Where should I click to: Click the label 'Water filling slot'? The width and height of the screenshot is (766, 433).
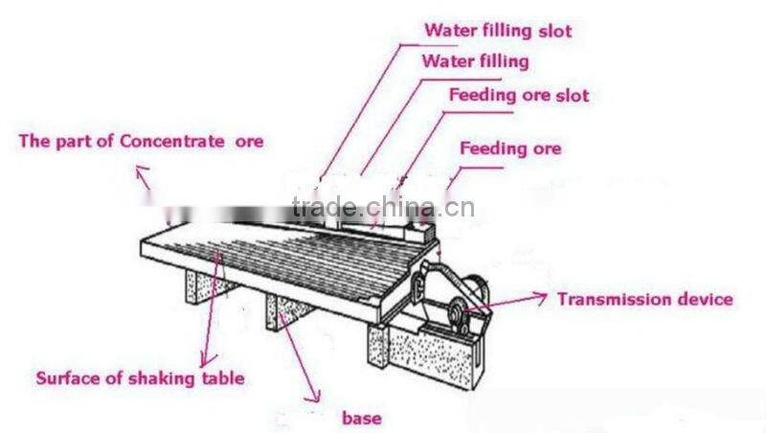click(x=498, y=31)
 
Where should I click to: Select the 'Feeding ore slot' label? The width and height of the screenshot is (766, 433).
click(x=519, y=96)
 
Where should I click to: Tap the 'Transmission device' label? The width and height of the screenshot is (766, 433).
click(x=645, y=299)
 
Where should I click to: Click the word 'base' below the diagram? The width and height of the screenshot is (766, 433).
click(x=361, y=418)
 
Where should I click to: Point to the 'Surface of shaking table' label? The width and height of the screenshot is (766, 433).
click(x=140, y=377)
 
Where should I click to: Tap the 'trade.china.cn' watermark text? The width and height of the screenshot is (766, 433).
click(x=381, y=208)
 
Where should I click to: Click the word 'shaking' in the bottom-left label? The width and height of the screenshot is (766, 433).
click(x=158, y=377)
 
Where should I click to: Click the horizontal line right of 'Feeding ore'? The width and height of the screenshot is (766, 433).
click(x=480, y=169)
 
